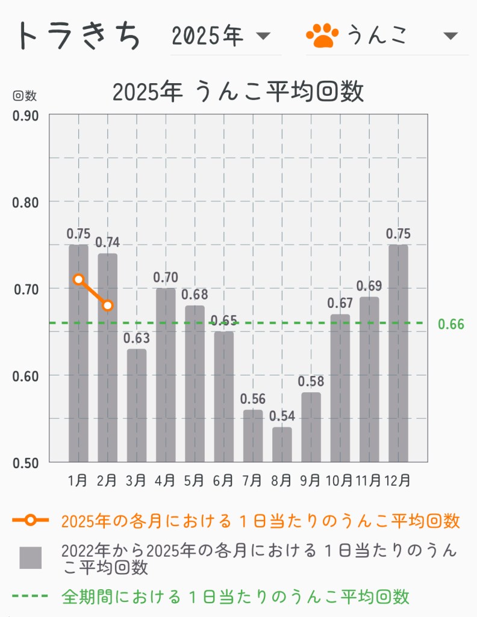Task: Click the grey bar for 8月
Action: pos(282,445)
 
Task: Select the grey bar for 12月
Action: pos(398,353)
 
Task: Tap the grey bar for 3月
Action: pos(137,406)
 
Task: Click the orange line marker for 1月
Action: pos(78,279)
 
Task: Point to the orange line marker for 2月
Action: pos(107,305)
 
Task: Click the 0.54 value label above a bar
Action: pos(281,416)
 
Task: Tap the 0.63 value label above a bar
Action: pos(137,338)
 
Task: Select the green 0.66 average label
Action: pos(451,324)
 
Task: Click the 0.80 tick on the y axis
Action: pos(26,202)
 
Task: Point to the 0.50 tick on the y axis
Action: pos(26,463)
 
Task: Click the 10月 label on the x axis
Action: pos(339,481)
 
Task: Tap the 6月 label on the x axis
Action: pos(223,481)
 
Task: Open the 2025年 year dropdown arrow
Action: pos(263,37)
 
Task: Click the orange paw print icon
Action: pos(322,36)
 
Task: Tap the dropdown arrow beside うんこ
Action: pos(450,36)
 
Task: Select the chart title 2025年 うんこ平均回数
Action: pos(238,92)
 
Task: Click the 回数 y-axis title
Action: pos(25,96)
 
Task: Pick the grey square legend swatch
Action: pos(31,558)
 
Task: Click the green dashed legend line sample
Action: pos(30,597)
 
